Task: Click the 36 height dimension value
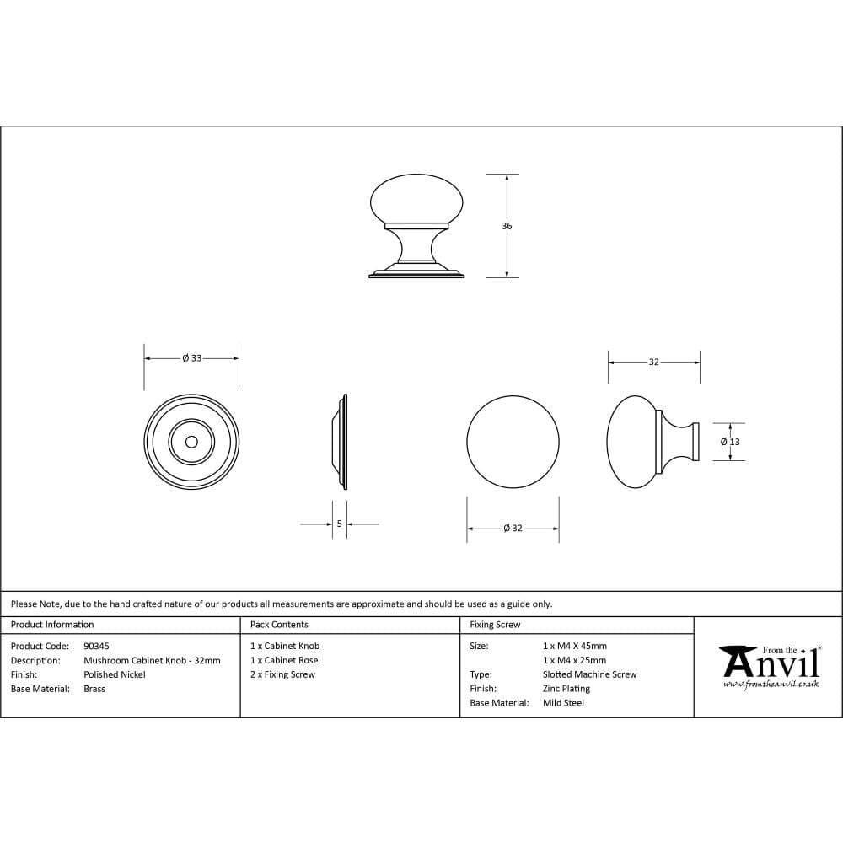pyautogui.click(x=507, y=226)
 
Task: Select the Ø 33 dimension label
pyautogui.click(x=192, y=358)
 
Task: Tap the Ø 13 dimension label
pyautogui.click(x=730, y=442)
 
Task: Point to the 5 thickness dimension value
pyautogui.click(x=339, y=524)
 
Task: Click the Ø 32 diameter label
pyautogui.click(x=513, y=529)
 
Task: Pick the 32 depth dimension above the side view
pyautogui.click(x=653, y=362)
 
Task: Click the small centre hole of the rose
pyautogui.click(x=191, y=441)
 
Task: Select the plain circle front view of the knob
pyautogui.click(x=513, y=441)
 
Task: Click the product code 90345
pyautogui.click(x=97, y=646)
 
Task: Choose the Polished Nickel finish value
pyautogui.click(x=115, y=674)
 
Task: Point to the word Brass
pyautogui.click(x=94, y=689)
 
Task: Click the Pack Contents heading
pyautogui.click(x=279, y=625)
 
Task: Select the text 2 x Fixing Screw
pyautogui.click(x=283, y=674)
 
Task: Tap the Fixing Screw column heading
pyautogui.click(x=495, y=625)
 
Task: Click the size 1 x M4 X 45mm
pyautogui.click(x=575, y=646)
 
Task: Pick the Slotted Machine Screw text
pyautogui.click(x=590, y=674)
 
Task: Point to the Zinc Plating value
pyautogui.click(x=566, y=689)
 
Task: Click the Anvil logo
pyautogui.click(x=769, y=662)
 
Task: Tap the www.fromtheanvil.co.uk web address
pyautogui.click(x=771, y=685)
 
